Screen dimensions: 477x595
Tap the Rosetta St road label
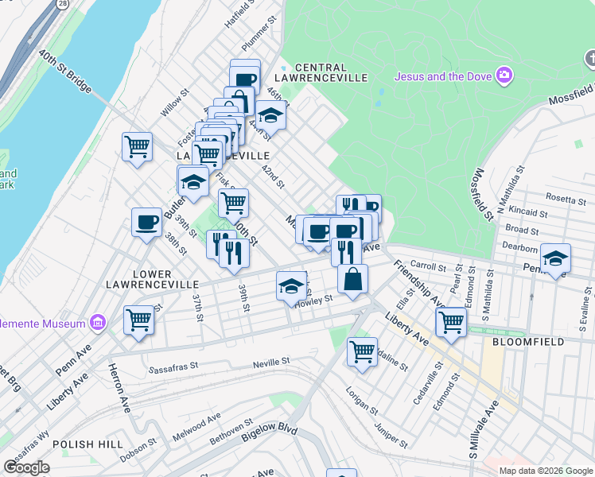click(x=565, y=197)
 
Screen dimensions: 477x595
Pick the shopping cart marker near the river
click(x=137, y=147)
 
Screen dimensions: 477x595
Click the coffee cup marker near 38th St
click(x=146, y=223)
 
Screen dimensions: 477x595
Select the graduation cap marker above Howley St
click(x=292, y=285)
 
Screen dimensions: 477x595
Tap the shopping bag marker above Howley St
click(x=352, y=278)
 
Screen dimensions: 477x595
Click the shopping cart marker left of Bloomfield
click(x=451, y=322)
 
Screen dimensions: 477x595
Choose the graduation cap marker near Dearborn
click(x=555, y=258)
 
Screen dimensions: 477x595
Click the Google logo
click(x=27, y=467)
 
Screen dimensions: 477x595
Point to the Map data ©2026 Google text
click(x=546, y=471)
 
